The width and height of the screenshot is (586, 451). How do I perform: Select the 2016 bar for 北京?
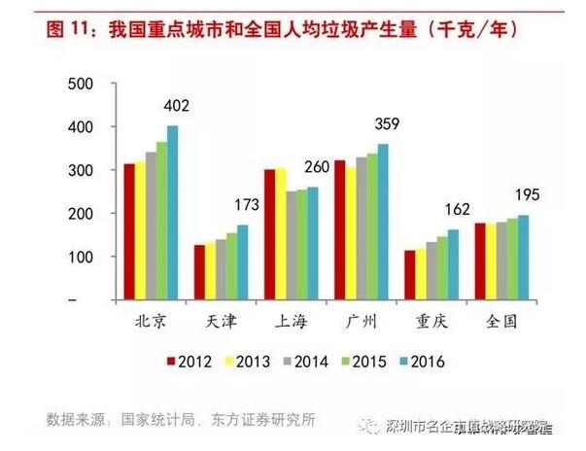[173, 214]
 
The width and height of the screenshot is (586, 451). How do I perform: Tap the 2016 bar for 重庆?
[453, 265]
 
